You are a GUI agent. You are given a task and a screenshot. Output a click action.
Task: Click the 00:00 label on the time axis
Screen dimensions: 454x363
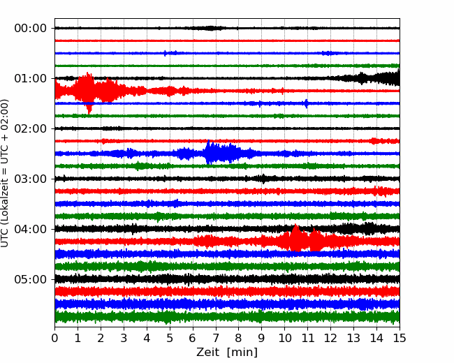pyautogui.click(x=31, y=29)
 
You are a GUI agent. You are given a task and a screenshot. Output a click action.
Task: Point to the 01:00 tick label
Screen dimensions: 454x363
pyautogui.click(x=31, y=78)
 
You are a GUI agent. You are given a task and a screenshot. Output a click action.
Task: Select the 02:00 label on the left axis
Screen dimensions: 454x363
pyautogui.click(x=31, y=128)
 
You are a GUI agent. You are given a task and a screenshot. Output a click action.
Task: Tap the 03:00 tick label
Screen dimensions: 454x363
pyautogui.click(x=31, y=179)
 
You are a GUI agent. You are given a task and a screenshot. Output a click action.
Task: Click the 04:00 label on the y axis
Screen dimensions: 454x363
pyautogui.click(x=31, y=229)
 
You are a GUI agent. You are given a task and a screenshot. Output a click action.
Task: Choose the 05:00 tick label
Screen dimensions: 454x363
pyautogui.click(x=31, y=279)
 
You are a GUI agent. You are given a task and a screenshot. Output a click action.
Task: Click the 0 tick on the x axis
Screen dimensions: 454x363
pyautogui.click(x=54, y=338)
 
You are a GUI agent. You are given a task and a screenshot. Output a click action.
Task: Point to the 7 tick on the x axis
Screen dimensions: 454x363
pyautogui.click(x=216, y=338)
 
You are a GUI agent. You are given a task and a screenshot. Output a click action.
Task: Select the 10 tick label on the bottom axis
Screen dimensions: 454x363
pyautogui.click(x=284, y=338)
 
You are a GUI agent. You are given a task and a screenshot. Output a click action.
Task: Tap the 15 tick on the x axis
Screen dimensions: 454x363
pyautogui.click(x=400, y=338)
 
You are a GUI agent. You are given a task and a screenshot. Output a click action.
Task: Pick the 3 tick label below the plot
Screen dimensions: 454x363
pyautogui.click(x=124, y=338)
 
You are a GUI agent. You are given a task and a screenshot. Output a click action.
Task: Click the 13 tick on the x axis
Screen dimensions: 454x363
pyautogui.click(x=353, y=338)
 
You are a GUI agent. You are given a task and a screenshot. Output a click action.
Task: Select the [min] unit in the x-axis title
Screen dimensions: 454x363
pyautogui.click(x=242, y=353)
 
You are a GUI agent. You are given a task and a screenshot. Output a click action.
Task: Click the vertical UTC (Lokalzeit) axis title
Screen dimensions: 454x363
pyautogui.click(x=4, y=173)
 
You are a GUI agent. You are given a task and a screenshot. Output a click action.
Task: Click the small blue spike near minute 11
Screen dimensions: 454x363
pyautogui.click(x=306, y=103)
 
